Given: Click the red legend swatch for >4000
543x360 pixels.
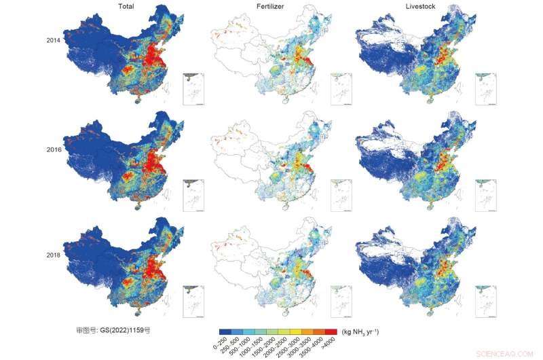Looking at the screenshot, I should click(x=331, y=331).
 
